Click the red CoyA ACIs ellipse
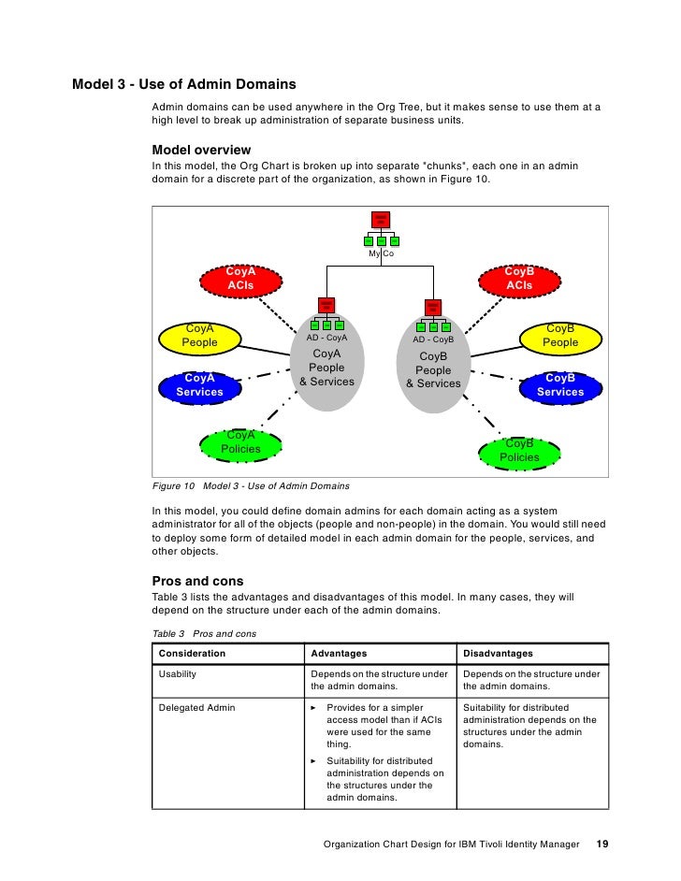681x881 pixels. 240,278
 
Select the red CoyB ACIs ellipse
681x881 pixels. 519,278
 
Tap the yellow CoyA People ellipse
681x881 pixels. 199,336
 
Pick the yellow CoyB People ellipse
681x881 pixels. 560,336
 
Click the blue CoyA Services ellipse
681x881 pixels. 200,384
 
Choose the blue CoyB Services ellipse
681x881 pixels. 560,384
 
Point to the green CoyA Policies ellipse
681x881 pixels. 240,442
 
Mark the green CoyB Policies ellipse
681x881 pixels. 519,451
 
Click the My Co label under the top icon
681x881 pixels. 381,253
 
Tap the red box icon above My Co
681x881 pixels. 381,221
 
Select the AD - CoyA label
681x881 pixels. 326,338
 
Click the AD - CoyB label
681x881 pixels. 433,339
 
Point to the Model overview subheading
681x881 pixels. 201,150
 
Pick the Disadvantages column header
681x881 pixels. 498,653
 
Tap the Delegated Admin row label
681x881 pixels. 197,708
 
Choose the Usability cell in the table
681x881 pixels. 178,673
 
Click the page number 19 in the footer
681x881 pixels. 602,845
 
